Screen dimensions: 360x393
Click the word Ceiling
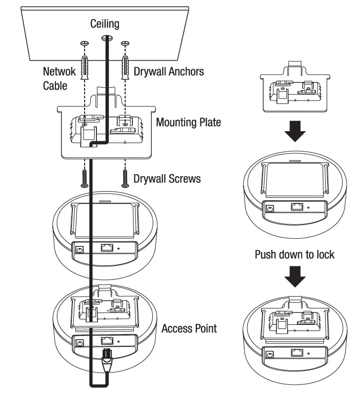[105, 24]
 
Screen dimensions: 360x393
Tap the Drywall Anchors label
[169, 71]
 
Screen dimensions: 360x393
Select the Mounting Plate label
[188, 122]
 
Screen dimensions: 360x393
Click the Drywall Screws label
[167, 179]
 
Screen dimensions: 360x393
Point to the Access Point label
[189, 328]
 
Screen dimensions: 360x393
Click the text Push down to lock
[294, 254]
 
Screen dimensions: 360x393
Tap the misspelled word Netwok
[59, 71]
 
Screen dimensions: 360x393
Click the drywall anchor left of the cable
[85, 68]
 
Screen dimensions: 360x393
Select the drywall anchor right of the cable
[125, 68]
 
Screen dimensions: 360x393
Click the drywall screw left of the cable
[85, 178]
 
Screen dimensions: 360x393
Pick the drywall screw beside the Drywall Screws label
[125, 178]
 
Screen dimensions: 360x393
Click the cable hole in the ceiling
[107, 38]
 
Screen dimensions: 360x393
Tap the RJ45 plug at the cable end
[107, 357]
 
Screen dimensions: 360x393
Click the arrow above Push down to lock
[295, 131]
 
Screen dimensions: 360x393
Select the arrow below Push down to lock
[295, 277]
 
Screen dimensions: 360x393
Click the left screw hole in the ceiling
[85, 44]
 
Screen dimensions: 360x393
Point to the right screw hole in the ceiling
[125, 44]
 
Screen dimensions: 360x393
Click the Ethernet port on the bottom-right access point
[297, 353]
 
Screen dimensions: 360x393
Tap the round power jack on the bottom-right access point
[270, 355]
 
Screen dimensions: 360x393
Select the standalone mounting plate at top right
[295, 87]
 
